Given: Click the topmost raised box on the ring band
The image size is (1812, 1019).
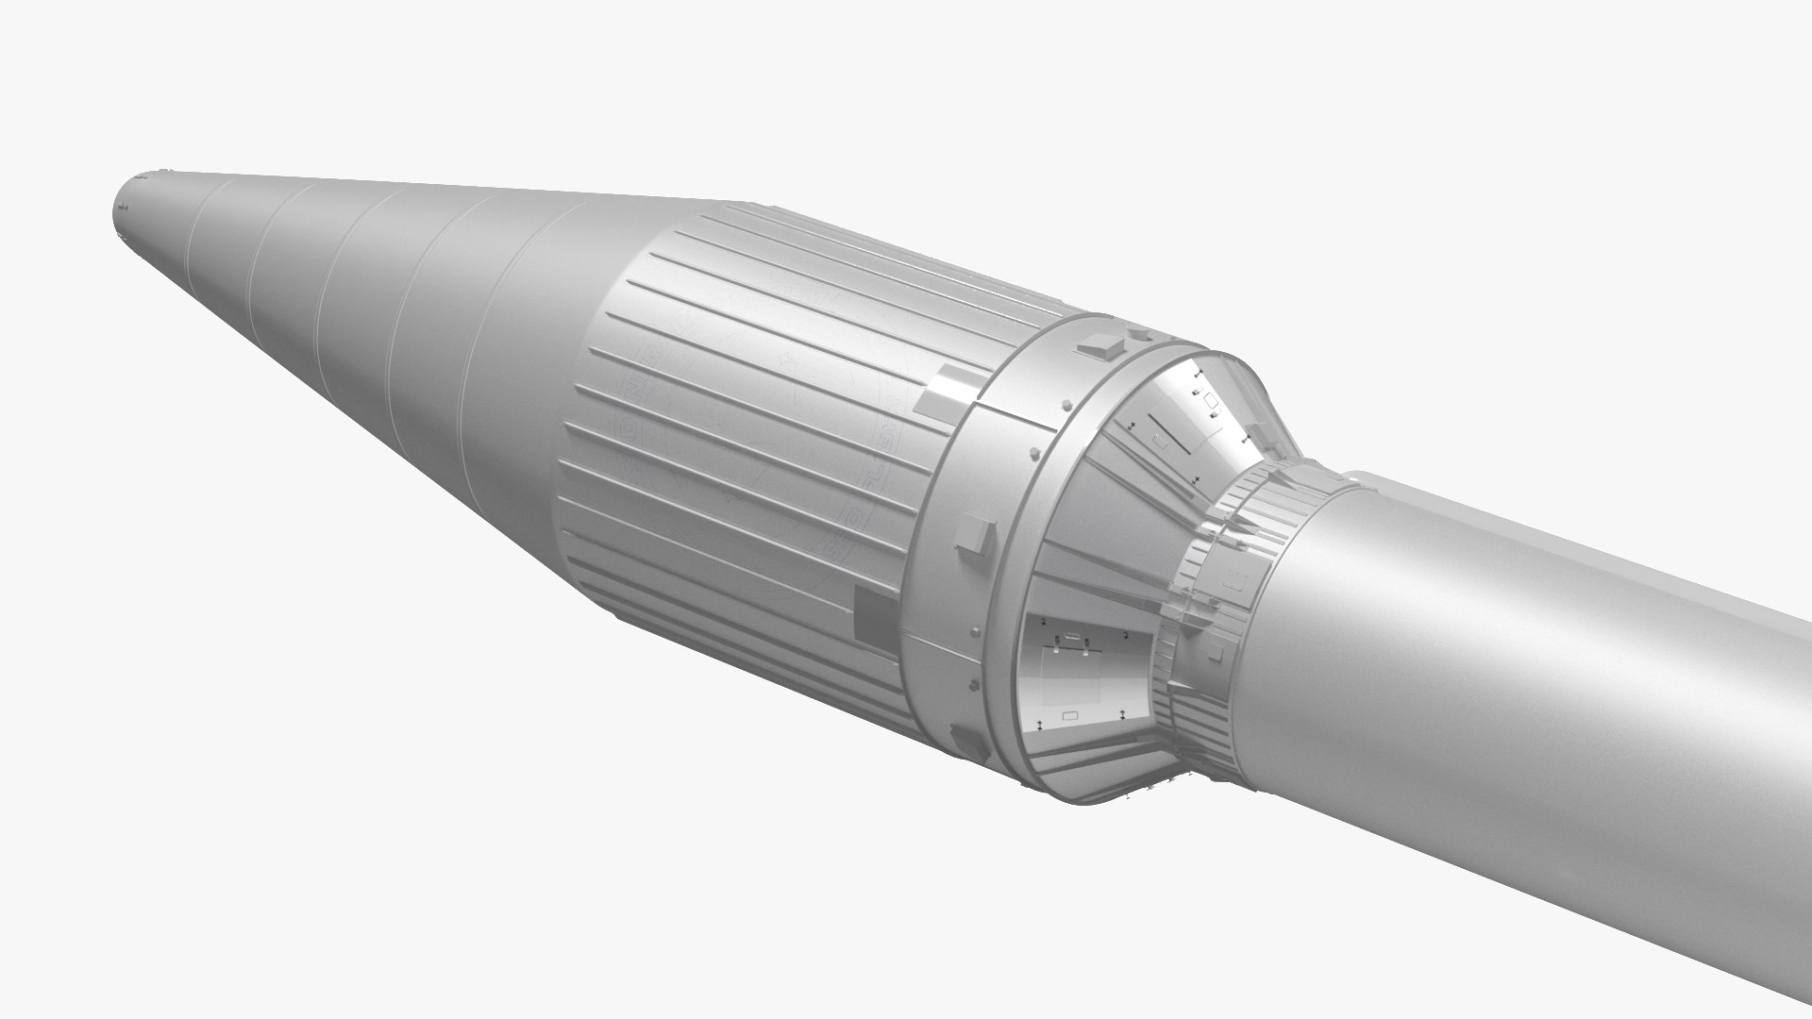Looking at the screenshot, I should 1102,343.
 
